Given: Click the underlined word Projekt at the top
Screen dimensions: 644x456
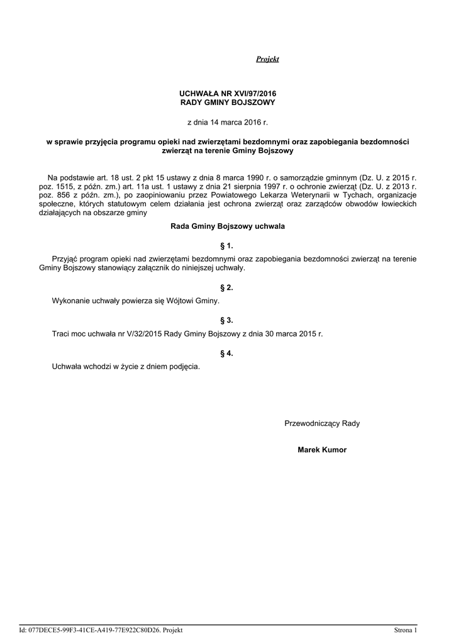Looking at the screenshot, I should [x=267, y=59].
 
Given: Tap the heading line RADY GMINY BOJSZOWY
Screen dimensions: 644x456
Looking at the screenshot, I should [x=228, y=102].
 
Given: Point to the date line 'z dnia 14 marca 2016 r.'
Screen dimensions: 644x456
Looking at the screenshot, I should [x=228, y=122].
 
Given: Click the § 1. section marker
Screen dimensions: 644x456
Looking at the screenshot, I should [x=227, y=246].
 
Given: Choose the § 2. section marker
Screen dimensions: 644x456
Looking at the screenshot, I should [x=227, y=287].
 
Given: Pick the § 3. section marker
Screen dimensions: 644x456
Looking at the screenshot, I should [x=227, y=320].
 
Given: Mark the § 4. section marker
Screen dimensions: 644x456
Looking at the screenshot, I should [x=227, y=353].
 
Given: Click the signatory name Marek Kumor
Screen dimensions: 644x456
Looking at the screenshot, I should [x=322, y=450].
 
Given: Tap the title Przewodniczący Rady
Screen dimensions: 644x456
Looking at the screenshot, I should [x=322, y=424].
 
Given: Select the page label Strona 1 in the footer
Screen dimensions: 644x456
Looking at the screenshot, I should [x=405, y=630].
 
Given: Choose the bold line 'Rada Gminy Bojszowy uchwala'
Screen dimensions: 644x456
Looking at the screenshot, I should [x=228, y=226].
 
